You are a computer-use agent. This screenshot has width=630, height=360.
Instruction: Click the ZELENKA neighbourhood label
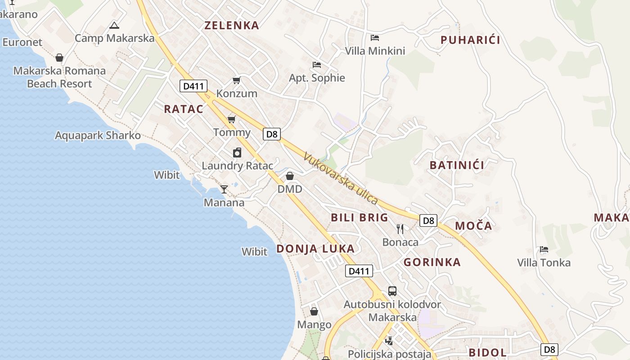pyautogui.click(x=232, y=25)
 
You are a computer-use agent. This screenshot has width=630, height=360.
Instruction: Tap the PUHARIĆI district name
pyautogui.click(x=470, y=40)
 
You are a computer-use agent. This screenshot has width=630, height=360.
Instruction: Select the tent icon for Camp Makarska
pyautogui.click(x=114, y=25)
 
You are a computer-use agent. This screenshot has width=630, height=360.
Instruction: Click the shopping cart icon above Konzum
pyautogui.click(x=236, y=81)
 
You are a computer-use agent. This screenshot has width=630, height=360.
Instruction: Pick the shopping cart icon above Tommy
pyautogui.click(x=232, y=119)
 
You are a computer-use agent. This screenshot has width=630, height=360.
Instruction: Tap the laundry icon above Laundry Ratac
pyautogui.click(x=237, y=153)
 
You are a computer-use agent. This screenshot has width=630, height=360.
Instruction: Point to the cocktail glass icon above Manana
pyautogui.click(x=224, y=189)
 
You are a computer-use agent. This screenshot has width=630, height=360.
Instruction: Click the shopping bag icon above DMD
pyautogui.click(x=290, y=176)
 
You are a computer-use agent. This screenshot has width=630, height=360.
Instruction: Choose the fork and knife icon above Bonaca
pyautogui.click(x=400, y=229)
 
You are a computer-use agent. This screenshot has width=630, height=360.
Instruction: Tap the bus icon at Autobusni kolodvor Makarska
pyautogui.click(x=392, y=291)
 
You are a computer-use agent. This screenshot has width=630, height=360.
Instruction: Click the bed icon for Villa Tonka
pyautogui.click(x=544, y=249)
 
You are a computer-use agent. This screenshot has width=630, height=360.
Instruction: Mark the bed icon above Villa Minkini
pyautogui.click(x=375, y=38)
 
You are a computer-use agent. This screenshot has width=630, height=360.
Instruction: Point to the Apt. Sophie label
pyautogui.click(x=317, y=78)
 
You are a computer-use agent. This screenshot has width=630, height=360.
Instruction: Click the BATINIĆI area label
pyautogui.click(x=457, y=165)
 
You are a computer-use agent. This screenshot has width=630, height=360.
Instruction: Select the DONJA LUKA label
pyautogui.click(x=315, y=249)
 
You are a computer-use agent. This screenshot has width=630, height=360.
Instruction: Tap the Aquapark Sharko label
pyautogui.click(x=98, y=135)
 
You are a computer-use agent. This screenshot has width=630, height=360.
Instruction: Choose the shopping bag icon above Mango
pyautogui.click(x=314, y=311)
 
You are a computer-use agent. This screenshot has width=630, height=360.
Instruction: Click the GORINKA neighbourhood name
pyautogui.click(x=432, y=262)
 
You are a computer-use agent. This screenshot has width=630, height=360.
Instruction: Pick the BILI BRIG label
pyautogui.click(x=359, y=218)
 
